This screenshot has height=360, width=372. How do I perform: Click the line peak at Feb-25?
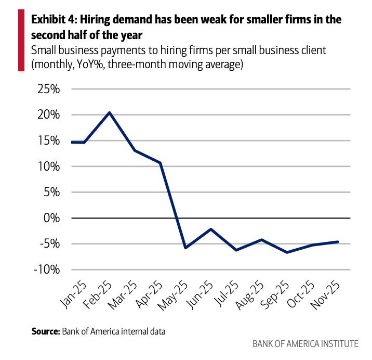point(110,112)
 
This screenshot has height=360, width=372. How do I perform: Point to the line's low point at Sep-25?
point(286,252)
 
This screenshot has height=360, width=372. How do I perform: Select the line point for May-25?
point(185,248)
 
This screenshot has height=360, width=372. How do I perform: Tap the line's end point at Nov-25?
point(338,242)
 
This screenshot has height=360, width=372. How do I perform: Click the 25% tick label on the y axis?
point(49,89)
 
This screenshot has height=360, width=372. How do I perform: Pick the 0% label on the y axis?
point(54,218)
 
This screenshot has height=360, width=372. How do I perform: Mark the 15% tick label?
point(49,140)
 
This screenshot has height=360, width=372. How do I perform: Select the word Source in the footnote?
point(45,330)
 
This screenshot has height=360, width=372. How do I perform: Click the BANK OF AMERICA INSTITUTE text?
point(305,344)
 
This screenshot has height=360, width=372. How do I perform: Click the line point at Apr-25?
point(160,163)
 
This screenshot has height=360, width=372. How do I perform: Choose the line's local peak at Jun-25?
point(210,229)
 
